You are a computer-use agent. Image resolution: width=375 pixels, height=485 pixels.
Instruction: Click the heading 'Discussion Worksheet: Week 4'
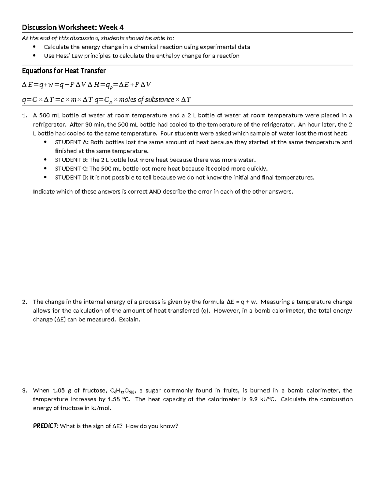click(73, 27)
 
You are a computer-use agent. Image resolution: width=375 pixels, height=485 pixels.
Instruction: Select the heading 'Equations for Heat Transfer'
click(64, 71)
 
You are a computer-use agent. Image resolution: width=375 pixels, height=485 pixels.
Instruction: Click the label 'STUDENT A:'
click(72, 142)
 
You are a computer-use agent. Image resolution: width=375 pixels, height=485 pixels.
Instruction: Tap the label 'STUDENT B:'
click(72, 160)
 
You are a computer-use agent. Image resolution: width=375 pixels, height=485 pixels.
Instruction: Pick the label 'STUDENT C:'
click(72, 169)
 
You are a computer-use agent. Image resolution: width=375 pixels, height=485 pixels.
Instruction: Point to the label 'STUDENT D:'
click(72, 177)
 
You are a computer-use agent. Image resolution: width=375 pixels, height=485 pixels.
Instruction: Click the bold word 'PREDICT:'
click(45, 426)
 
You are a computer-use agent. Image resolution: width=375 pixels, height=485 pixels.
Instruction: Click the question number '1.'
click(25, 116)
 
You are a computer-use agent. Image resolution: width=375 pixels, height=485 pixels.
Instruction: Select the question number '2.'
click(25, 302)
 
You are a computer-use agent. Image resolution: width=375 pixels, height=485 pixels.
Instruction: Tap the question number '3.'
click(25, 390)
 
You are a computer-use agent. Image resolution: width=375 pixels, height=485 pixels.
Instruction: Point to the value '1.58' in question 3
click(114, 399)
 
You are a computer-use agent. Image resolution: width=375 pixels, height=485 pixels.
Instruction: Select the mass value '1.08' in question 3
click(59, 390)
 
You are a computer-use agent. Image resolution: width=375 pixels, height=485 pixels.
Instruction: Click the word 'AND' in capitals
click(155, 191)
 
